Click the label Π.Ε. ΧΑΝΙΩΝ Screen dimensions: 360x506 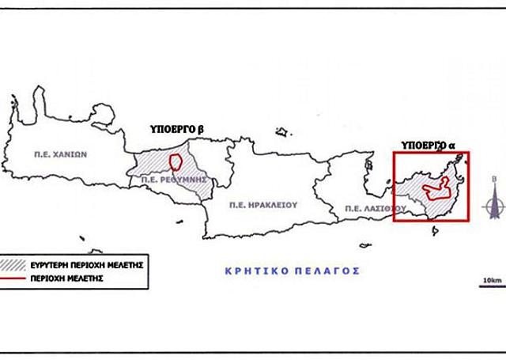(x=59, y=155)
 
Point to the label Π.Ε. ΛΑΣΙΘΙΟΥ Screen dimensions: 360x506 (x=374, y=208)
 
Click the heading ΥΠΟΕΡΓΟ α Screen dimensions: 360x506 (x=429, y=145)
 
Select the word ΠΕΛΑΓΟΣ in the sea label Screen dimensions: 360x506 (x=327, y=270)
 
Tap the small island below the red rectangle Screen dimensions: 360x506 (x=434, y=231)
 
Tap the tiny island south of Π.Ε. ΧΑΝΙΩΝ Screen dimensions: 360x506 (x=80, y=236)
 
